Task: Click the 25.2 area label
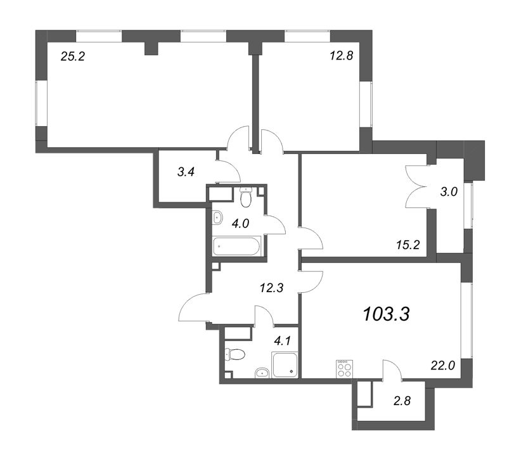click(x=72, y=57)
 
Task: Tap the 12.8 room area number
click(x=342, y=56)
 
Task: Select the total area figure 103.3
click(x=387, y=314)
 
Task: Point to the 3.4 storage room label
click(x=186, y=172)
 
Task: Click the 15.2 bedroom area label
click(x=408, y=245)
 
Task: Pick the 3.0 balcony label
click(x=449, y=192)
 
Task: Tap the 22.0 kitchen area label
click(x=443, y=366)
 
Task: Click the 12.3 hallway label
click(x=272, y=288)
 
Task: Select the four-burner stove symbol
click(x=344, y=369)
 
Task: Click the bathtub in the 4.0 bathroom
click(x=236, y=247)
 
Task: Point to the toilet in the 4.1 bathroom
click(x=234, y=354)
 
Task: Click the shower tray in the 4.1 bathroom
click(x=285, y=364)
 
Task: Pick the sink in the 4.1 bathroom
click(x=262, y=373)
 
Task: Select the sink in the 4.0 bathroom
click(x=217, y=218)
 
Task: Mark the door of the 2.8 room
click(x=392, y=370)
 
